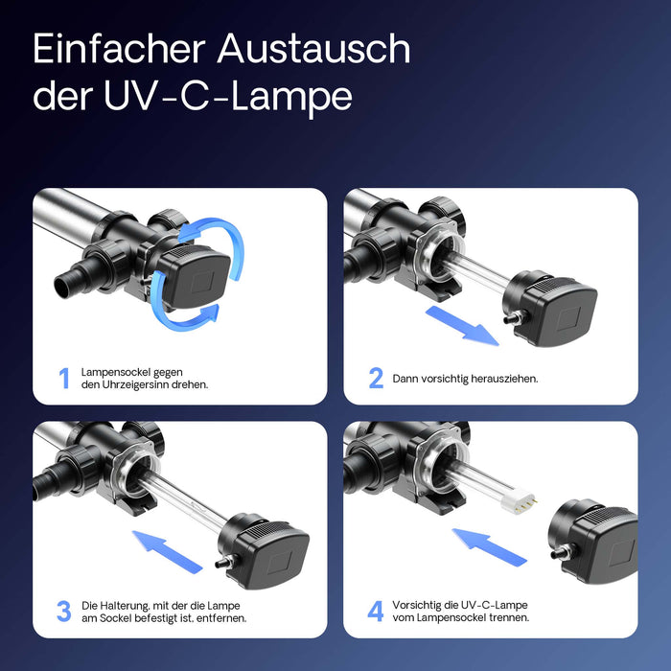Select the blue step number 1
64,378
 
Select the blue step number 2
376,378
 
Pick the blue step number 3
63,611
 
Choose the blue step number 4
376,611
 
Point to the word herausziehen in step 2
500,379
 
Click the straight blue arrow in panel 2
462,325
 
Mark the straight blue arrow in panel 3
169,551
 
